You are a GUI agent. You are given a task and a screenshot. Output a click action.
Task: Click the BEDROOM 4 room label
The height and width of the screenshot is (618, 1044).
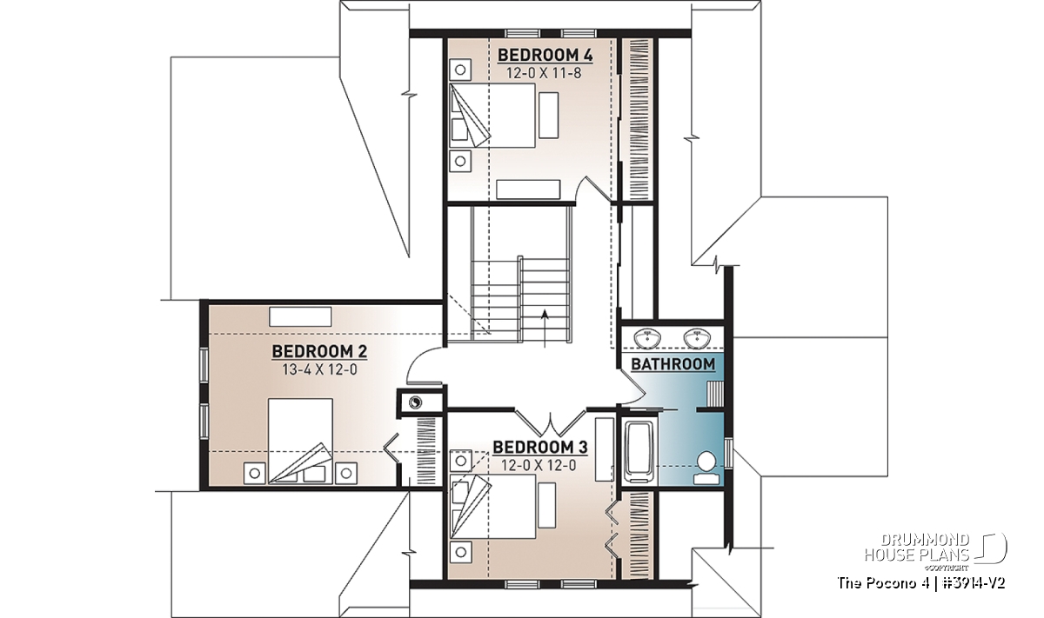[x=545, y=55]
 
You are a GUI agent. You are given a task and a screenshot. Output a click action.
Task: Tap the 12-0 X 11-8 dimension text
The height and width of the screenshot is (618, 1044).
[x=544, y=73]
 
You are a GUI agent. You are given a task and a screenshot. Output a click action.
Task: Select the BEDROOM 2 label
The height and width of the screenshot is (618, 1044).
[x=319, y=352]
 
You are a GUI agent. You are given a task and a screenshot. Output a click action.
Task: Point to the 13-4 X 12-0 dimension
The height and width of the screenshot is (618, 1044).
[x=319, y=369]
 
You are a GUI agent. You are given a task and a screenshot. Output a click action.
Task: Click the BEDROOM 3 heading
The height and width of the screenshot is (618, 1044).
[x=539, y=448]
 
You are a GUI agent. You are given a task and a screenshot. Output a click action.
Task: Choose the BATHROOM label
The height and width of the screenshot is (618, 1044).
[x=673, y=364]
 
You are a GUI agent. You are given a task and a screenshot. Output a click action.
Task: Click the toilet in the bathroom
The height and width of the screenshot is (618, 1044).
[x=706, y=468]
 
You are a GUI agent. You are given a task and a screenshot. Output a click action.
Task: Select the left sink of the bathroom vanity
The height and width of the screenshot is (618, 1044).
[x=647, y=337]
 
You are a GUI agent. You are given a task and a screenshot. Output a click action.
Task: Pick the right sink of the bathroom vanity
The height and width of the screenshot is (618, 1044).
[x=697, y=337]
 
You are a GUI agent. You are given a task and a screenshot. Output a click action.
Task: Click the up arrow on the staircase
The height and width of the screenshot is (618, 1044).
[x=545, y=329]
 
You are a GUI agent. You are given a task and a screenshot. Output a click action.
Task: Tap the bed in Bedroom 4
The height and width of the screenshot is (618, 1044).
[x=492, y=116]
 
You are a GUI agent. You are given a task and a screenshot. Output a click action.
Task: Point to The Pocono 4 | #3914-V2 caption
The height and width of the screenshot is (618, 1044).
[x=921, y=583]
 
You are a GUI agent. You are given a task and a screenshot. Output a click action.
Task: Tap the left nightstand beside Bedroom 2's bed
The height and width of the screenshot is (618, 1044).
[x=254, y=474]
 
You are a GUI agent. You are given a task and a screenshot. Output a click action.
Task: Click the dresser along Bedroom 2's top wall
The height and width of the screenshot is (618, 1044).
[x=300, y=316]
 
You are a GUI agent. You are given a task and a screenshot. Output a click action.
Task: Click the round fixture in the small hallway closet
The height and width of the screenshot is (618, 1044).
[x=415, y=402]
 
